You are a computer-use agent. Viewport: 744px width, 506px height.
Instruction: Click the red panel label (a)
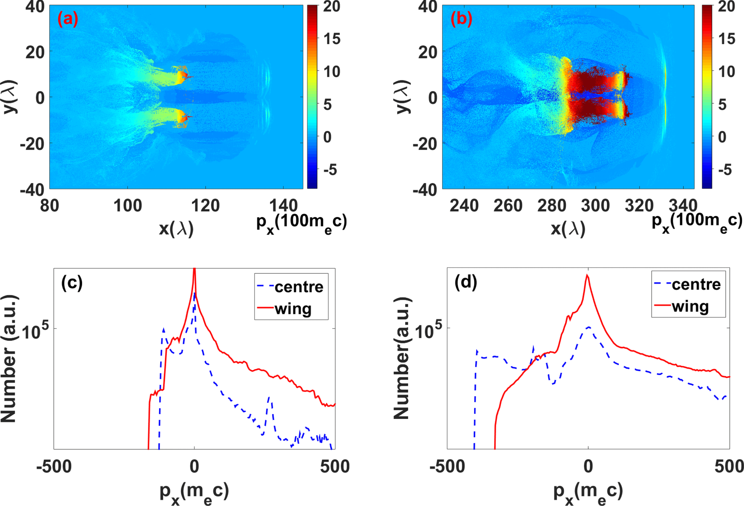(67, 20)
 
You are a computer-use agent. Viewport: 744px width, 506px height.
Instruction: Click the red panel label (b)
(461, 20)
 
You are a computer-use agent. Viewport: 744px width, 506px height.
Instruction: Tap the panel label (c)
(72, 283)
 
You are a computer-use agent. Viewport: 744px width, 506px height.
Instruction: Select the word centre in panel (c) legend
(299, 287)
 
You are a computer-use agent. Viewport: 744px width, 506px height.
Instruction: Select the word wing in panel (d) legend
(690, 306)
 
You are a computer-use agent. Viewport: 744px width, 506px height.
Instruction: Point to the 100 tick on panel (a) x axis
(127, 206)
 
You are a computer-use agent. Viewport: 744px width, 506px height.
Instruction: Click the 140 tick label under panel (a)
(283, 206)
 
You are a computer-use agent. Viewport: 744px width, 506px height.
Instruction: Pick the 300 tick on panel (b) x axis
(595, 206)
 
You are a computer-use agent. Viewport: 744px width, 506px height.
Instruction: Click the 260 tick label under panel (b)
(508, 206)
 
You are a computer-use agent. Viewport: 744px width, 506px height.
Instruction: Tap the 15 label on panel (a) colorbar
(332, 39)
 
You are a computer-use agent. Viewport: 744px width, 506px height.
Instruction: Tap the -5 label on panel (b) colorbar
(725, 170)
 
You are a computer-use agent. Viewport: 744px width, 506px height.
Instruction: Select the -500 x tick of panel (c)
(54, 467)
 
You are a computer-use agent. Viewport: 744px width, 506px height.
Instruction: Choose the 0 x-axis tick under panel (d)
(588, 467)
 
